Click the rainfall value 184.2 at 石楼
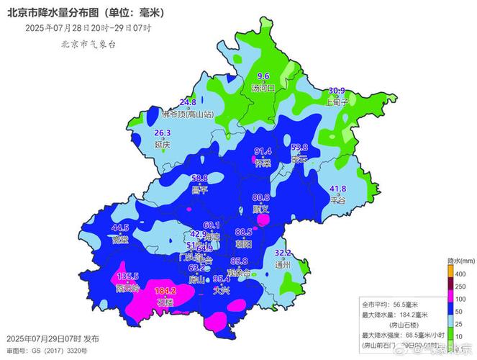point(165,292)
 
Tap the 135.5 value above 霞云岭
point(127,276)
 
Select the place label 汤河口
point(263,89)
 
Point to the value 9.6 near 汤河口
point(263,76)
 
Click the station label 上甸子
point(337,102)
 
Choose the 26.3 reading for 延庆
point(163,133)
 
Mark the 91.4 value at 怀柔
point(264,152)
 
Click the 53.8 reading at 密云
point(299,148)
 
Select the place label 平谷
point(337,201)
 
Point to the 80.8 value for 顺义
point(260,197)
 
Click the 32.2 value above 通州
point(283,253)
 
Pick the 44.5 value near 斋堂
point(119,228)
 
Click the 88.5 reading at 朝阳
point(244,232)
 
